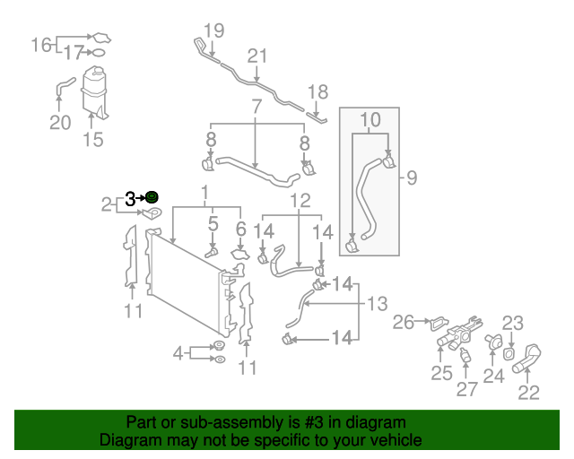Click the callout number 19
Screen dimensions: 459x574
point(213,30)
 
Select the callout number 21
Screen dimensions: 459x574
point(258,56)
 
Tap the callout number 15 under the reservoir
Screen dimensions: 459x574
point(92,140)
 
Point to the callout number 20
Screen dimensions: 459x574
point(59,123)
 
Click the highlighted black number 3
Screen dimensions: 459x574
point(132,198)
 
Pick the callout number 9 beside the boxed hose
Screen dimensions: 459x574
point(412,178)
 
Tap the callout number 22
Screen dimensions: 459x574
point(529,392)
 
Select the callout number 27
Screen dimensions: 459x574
point(467,390)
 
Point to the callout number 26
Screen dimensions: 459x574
point(403,321)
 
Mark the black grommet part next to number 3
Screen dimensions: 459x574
point(152,197)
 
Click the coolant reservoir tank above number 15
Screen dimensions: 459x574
point(93,87)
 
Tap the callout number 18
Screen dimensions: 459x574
point(318,91)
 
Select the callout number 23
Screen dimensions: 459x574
point(512,323)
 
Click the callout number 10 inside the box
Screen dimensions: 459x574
point(370,119)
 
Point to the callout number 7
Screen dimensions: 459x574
point(257,107)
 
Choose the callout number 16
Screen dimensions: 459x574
point(42,45)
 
